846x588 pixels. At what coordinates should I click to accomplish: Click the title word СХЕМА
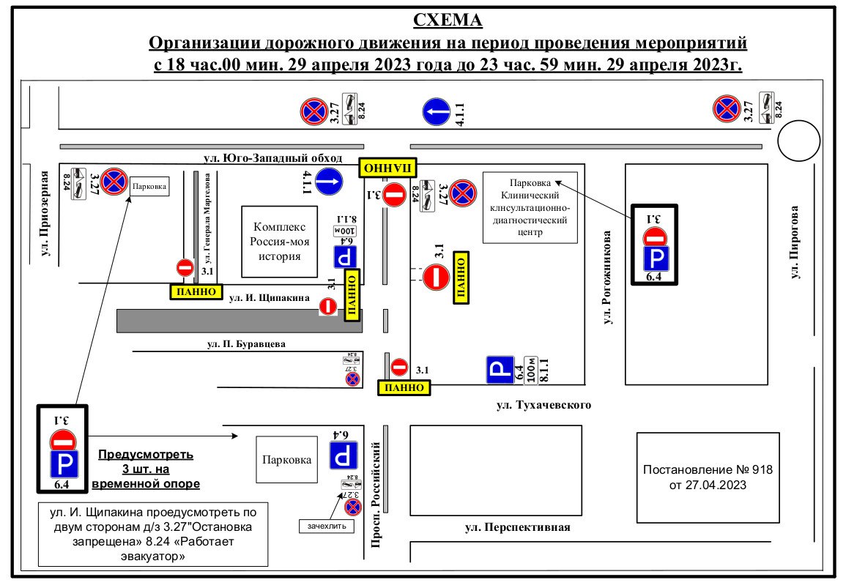click(448, 20)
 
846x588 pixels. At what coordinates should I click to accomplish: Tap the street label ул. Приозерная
click(45, 214)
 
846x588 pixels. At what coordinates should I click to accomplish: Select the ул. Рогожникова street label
click(607, 279)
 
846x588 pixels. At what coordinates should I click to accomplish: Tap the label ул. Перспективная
click(517, 527)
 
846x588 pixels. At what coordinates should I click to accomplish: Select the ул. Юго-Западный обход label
click(273, 157)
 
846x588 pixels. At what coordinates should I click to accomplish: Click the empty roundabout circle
click(798, 141)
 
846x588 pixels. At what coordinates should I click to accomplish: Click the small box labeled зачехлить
click(327, 526)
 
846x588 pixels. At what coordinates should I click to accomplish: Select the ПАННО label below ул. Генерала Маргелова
click(196, 291)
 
